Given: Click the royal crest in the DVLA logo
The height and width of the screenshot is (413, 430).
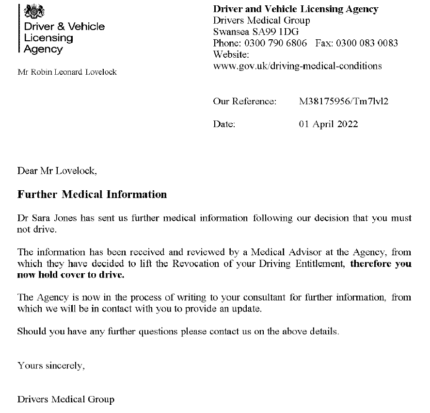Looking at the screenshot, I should pos(33,11).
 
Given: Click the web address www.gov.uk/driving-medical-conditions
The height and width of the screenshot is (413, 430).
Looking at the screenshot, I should pos(297,66).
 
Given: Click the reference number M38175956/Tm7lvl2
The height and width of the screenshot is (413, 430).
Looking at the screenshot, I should pos(344,101).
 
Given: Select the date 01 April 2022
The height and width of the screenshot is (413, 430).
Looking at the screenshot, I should pos(328,124).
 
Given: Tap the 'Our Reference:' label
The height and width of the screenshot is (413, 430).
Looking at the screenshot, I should pos(244,101).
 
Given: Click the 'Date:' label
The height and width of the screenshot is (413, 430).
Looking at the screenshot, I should pos(224,124).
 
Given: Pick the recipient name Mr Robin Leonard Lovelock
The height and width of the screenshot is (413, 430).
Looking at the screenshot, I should pos(67,72).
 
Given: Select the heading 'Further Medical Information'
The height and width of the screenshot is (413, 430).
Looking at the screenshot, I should pos(92,195).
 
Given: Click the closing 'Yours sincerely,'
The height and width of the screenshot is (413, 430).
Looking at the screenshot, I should pos(51,365).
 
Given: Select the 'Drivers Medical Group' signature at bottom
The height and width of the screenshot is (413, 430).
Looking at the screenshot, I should pos(66,400).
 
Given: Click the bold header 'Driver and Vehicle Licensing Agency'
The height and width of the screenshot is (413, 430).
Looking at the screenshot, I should pos(296,9).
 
